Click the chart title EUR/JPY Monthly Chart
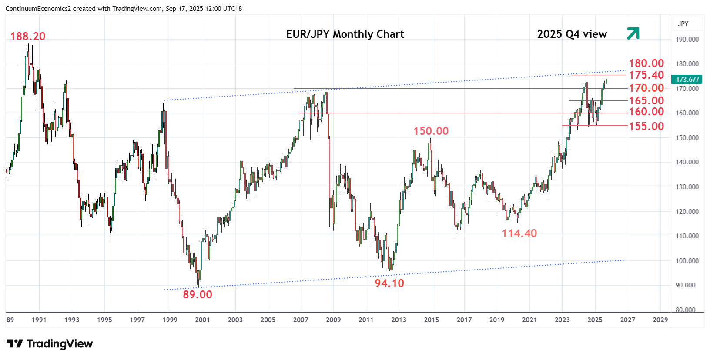[x=345, y=34]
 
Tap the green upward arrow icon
[x=633, y=33]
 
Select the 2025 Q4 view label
[x=572, y=34]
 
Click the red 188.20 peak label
[x=28, y=37]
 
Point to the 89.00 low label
[x=198, y=295]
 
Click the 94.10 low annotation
[x=389, y=283]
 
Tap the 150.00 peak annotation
[x=431, y=131]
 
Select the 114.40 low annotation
[x=519, y=233]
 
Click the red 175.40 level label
[x=646, y=75]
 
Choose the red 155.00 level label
[x=646, y=127]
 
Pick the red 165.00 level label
[x=646, y=101]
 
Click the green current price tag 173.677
[x=687, y=80]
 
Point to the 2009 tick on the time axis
[x=333, y=320]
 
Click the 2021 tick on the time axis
[x=529, y=320]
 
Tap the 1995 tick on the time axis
[x=104, y=320]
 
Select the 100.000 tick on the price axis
[x=687, y=261]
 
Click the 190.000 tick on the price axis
[x=687, y=40]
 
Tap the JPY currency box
[x=683, y=24]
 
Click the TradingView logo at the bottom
[x=50, y=344]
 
